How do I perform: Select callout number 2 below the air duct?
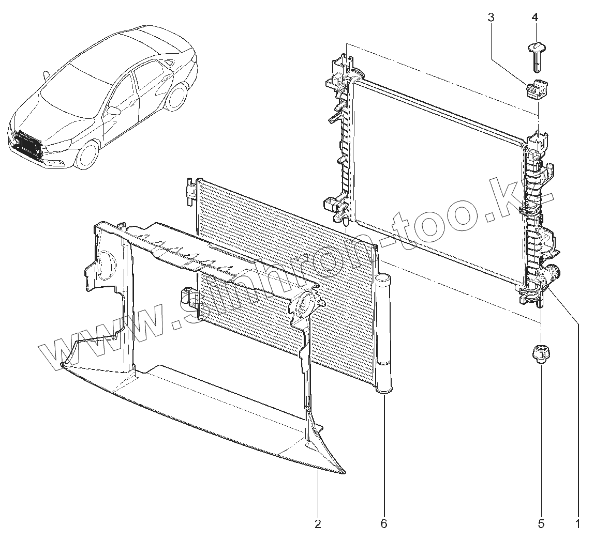318,524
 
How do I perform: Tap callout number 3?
491,18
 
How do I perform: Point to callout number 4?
534,18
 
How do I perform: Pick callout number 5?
541,524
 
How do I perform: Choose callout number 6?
383,524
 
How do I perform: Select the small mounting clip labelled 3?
537,90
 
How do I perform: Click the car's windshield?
72,85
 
